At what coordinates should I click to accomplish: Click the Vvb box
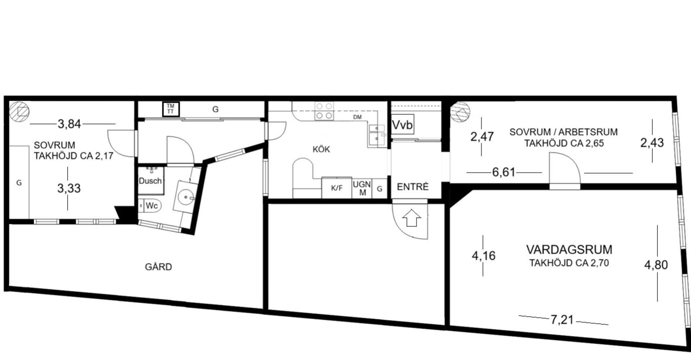[402, 124]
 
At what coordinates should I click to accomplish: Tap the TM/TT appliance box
[171, 109]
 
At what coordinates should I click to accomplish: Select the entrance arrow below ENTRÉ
[411, 219]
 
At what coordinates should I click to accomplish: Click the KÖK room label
[321, 149]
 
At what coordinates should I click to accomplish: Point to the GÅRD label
[158, 267]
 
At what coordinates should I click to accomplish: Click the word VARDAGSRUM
[569, 249]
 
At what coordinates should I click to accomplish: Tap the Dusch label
[150, 181]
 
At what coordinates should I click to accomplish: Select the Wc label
[152, 206]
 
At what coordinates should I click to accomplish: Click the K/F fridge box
[337, 188]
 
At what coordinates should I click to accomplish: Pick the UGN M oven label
[362, 188]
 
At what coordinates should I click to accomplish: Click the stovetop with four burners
[324, 111]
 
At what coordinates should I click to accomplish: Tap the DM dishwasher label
[357, 117]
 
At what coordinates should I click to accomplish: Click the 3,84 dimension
[69, 124]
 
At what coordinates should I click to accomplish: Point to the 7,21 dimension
[562, 319]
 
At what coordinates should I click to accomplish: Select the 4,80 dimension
[656, 265]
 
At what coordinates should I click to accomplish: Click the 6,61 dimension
[503, 172]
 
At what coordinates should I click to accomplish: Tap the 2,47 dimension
[482, 137]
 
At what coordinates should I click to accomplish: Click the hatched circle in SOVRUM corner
[19, 112]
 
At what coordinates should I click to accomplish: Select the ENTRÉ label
[413, 187]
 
